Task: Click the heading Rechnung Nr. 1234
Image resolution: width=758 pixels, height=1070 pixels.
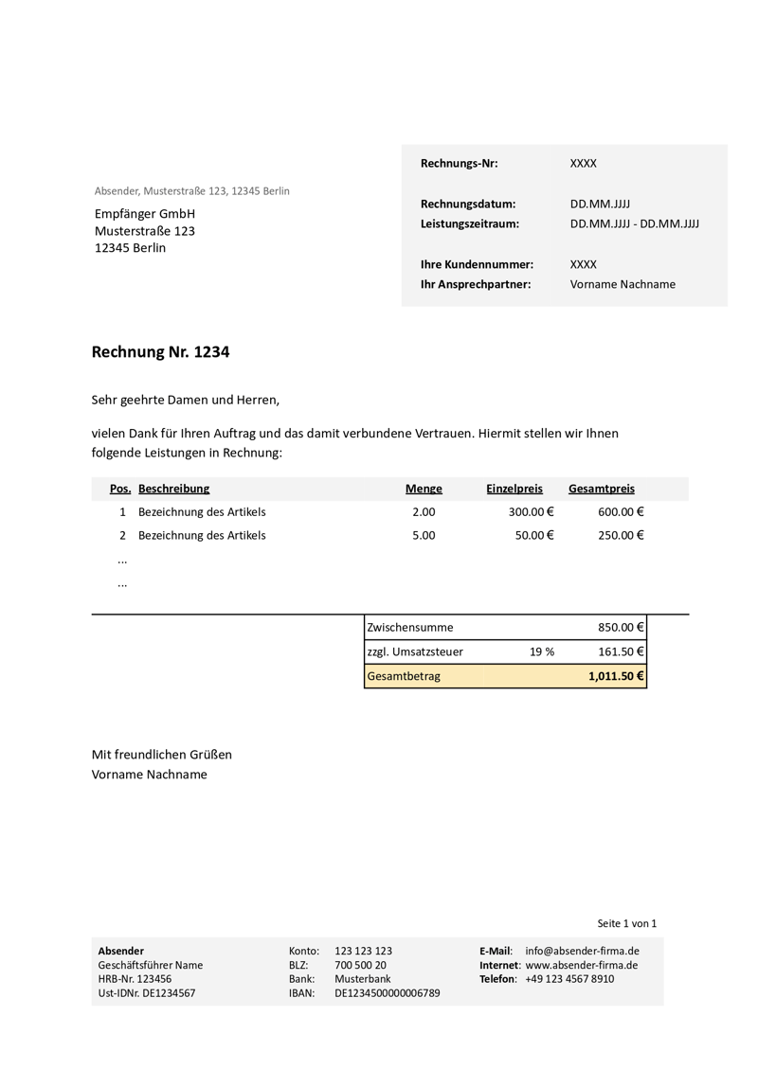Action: click(160, 352)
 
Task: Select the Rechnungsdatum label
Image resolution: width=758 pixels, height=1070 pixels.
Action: click(468, 204)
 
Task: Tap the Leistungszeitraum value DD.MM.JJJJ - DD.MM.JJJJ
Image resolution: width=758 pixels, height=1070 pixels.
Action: click(634, 224)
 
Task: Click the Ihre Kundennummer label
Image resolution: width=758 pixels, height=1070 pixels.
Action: click(477, 264)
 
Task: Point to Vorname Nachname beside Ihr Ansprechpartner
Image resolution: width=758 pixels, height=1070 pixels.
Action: click(623, 284)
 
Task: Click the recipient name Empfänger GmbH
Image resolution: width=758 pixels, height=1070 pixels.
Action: click(145, 214)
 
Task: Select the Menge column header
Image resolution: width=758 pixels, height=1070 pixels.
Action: click(424, 489)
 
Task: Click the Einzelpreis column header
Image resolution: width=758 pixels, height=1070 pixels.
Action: click(514, 489)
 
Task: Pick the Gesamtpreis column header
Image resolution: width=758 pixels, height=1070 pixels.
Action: click(602, 489)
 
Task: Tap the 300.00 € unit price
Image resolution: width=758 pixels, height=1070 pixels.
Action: click(531, 512)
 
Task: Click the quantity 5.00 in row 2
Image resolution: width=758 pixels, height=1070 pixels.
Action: click(424, 535)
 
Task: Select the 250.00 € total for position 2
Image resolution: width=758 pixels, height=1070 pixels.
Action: click(621, 535)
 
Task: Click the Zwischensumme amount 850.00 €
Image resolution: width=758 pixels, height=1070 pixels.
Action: click(621, 627)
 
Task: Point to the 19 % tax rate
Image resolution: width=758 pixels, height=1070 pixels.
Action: click(542, 651)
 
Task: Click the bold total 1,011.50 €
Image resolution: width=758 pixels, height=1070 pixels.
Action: click(616, 676)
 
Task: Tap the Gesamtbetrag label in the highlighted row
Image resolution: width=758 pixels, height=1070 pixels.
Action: click(404, 676)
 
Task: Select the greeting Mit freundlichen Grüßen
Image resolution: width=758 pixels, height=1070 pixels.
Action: click(161, 755)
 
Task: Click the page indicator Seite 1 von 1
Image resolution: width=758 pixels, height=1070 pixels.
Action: click(626, 923)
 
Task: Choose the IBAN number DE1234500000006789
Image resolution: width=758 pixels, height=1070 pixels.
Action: click(387, 993)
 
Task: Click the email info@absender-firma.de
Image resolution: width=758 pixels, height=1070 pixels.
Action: click(582, 951)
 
